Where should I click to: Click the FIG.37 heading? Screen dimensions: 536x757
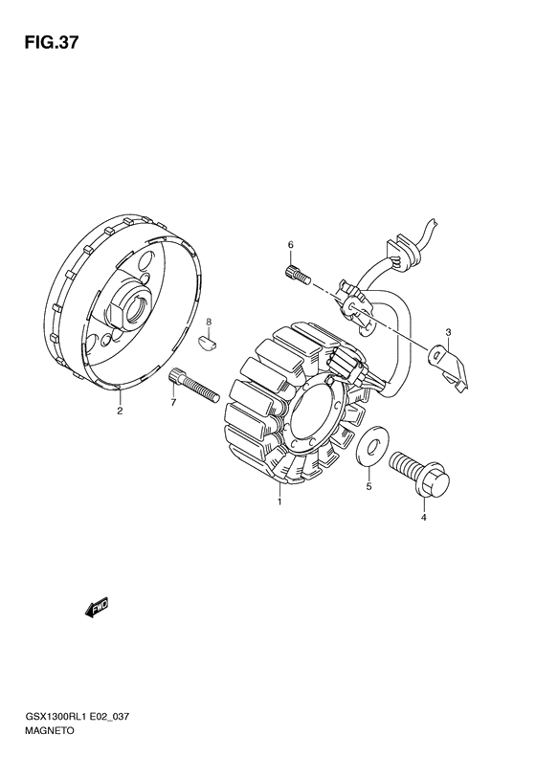pos(51,43)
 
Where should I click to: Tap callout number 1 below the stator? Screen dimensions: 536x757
pos(279,502)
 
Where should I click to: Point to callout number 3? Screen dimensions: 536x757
pos(448,332)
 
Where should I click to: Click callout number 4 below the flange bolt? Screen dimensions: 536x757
pos(424,519)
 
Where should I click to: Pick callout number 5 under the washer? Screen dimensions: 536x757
pos(368,486)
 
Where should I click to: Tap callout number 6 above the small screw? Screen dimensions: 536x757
pos(291,245)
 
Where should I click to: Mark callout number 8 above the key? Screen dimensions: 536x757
pos(209,322)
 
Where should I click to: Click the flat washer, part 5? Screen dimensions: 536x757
pos(369,448)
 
